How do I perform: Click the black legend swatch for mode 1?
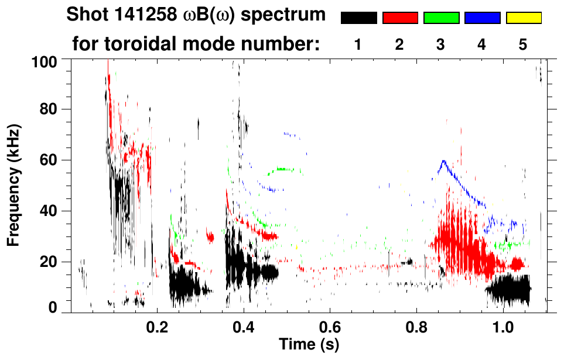pos(358,18)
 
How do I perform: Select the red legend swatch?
pos(400,18)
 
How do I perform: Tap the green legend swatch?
pos(441,18)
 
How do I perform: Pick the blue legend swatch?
pos(482,18)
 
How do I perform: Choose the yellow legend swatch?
pos(523,18)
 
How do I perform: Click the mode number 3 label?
pos(440,45)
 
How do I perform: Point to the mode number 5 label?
pos(522,45)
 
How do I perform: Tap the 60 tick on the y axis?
pos(56,160)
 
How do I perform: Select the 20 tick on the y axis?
pos(56,261)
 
